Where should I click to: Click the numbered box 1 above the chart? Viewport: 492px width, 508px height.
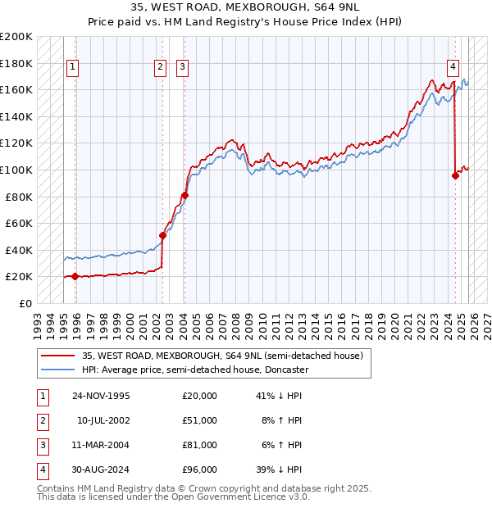point(73,68)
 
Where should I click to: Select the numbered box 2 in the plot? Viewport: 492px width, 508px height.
point(160,68)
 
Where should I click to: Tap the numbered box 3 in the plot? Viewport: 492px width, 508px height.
point(181,68)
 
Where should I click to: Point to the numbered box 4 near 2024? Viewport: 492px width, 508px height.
point(453,68)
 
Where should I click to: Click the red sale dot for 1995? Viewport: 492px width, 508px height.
point(75,276)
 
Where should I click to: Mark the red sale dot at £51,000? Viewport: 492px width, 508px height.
point(162,235)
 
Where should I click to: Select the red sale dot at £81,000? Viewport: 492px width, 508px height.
point(184,195)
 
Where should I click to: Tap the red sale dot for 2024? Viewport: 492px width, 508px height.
point(455,175)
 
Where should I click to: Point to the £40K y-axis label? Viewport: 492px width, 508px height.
point(19,250)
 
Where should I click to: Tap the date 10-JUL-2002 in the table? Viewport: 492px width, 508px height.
point(103,420)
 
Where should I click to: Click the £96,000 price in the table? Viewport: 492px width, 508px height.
point(199,469)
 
